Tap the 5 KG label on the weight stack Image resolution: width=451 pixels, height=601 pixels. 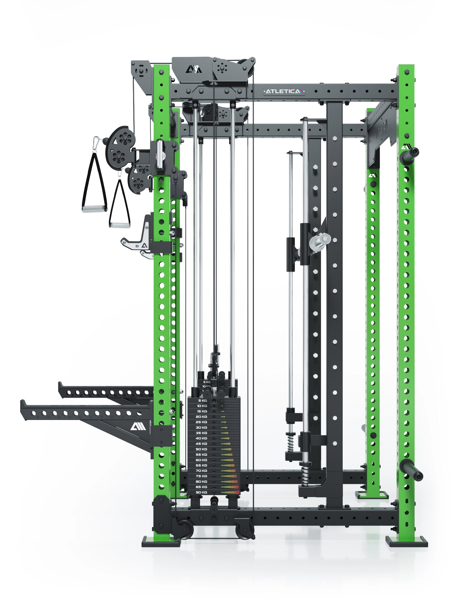(202, 401)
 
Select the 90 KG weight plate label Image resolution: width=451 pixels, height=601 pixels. (201, 492)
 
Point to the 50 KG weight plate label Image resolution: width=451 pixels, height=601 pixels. (201, 449)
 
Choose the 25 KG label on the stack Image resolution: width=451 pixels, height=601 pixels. (201, 422)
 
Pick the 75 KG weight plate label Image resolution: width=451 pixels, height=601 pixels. (201, 476)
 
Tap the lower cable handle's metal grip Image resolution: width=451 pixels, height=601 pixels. (120, 225)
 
